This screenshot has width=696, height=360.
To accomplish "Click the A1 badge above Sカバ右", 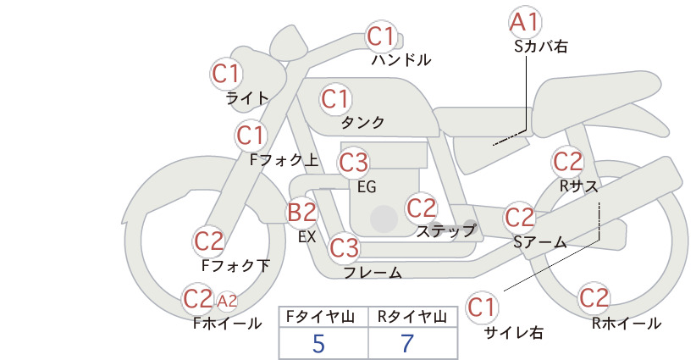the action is pyautogui.click(x=525, y=22).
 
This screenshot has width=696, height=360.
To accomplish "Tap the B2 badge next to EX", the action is pyautogui.click(x=301, y=212).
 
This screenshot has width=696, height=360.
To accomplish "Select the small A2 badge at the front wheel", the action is pyautogui.click(x=227, y=302).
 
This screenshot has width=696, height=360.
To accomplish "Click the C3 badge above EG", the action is pyautogui.click(x=353, y=163).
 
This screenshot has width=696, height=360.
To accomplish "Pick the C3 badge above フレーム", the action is pyautogui.click(x=344, y=247).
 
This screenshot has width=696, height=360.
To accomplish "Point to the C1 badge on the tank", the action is pyautogui.click(x=335, y=99).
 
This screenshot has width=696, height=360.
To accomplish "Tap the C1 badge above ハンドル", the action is pyautogui.click(x=381, y=36).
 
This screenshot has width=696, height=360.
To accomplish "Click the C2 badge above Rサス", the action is pyautogui.click(x=567, y=162).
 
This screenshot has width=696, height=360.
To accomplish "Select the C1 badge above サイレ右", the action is pyautogui.click(x=482, y=307).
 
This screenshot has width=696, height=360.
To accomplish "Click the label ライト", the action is pyautogui.click(x=247, y=98).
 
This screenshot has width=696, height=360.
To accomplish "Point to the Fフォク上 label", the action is pyautogui.click(x=284, y=160).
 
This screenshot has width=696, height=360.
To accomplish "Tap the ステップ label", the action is pyautogui.click(x=446, y=231).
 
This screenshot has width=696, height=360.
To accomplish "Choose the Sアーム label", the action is pyautogui.click(x=540, y=242).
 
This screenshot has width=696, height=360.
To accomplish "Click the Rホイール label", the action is pyautogui.click(x=627, y=324).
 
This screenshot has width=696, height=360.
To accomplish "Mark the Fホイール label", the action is pyautogui.click(x=227, y=324).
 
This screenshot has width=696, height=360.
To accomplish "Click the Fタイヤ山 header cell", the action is pyautogui.click(x=323, y=317).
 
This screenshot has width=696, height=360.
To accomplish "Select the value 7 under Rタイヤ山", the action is pyautogui.click(x=407, y=343).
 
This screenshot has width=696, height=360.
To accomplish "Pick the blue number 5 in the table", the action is pyautogui.click(x=318, y=343).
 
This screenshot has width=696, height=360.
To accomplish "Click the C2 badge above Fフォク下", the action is pyautogui.click(x=208, y=241).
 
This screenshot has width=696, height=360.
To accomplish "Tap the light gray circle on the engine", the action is pyautogui.click(x=384, y=219).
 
